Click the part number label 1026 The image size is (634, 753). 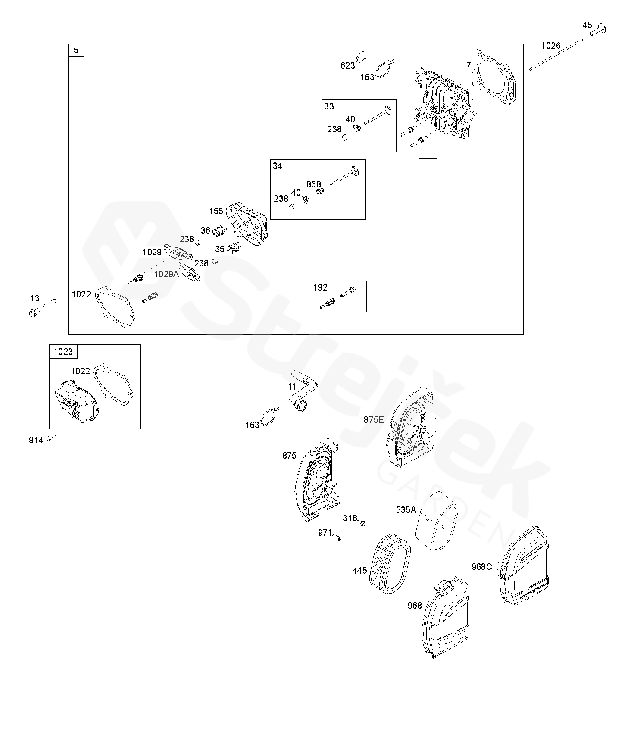click(551, 46)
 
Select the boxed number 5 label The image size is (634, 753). click(76, 50)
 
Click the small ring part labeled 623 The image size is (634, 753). click(362, 58)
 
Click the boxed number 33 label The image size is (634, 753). click(329, 106)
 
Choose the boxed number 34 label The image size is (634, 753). click(278, 166)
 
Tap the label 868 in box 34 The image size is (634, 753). click(314, 184)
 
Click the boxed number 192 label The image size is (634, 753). click(320, 287)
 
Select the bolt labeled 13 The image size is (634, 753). click(43, 307)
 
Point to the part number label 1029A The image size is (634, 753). click(166, 274)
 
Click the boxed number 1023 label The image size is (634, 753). click(63, 352)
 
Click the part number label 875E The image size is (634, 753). click(373, 419)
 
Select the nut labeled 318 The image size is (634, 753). click(363, 523)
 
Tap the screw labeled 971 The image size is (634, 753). click(338, 537)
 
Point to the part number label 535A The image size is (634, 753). click(406, 510)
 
